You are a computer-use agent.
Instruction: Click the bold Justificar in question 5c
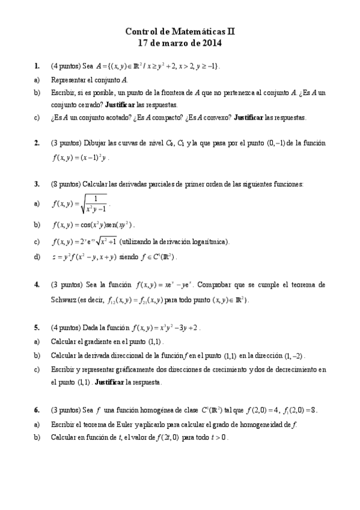tap(109, 382)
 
